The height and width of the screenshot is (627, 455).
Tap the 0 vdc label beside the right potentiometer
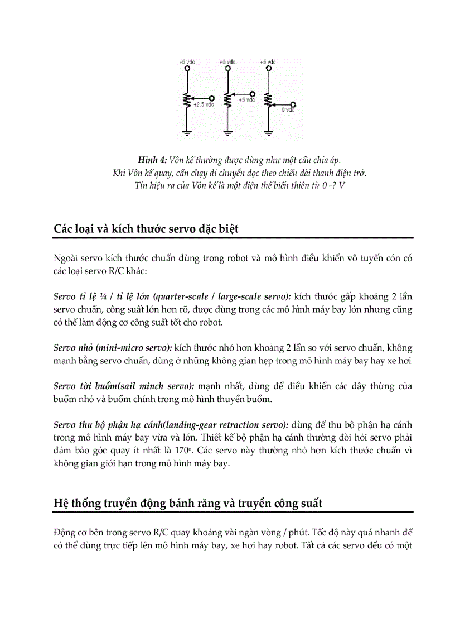tap(287, 110)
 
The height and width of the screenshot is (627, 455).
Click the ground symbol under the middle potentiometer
tap(227, 132)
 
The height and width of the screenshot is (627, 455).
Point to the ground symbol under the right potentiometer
tap(269, 132)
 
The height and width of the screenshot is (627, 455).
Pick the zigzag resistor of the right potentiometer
tap(269, 100)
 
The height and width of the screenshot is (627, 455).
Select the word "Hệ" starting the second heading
tap(61, 503)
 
